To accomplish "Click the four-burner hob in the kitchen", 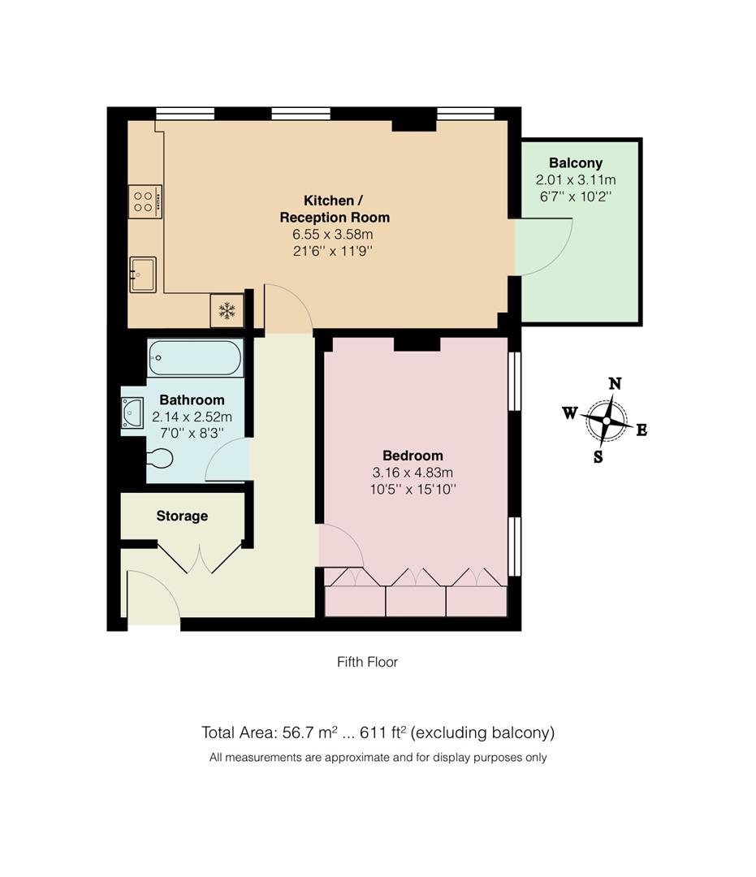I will (145, 201).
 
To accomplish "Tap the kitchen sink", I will (142, 274).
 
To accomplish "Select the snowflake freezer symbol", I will (227, 310).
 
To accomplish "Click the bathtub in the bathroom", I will (195, 357).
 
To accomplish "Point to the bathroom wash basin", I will (132, 413).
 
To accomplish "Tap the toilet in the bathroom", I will (158, 459).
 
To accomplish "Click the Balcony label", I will (575, 163).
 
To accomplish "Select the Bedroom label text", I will (413, 456).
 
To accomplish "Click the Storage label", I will (182, 516).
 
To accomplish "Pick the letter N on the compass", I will (616, 384).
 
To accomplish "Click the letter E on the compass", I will (642, 430).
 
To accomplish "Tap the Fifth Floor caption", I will (367, 662).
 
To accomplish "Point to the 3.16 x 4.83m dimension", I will (413, 473).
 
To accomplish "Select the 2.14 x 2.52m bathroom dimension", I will (192, 417).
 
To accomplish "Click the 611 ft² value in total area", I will (381, 732).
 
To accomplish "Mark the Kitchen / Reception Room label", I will (334, 209).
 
